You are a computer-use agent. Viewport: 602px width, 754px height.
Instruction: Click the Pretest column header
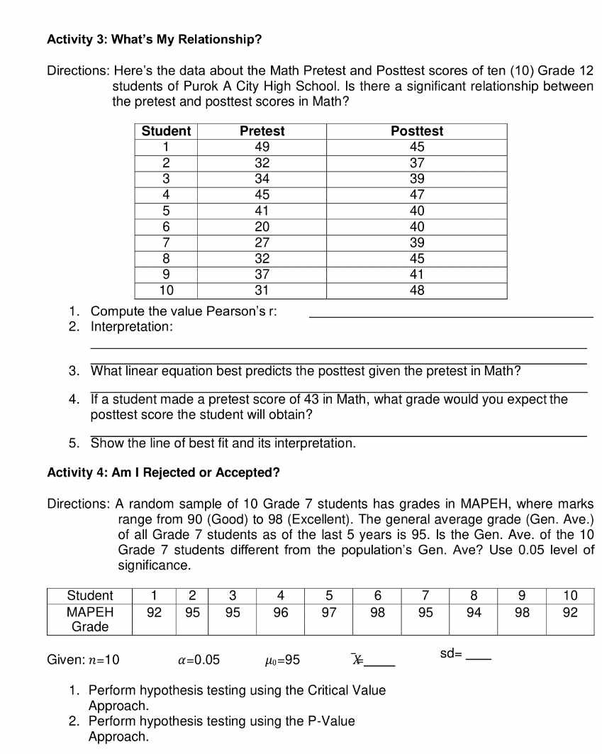click(262, 131)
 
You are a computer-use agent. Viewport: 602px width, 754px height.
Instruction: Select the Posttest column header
click(417, 131)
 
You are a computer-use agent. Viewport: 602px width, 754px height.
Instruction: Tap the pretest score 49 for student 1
click(262, 147)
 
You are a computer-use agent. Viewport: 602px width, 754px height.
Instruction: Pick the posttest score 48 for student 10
click(417, 291)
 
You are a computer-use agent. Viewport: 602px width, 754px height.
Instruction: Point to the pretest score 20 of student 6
click(262, 227)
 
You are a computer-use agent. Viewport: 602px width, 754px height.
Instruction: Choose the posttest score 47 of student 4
click(417, 194)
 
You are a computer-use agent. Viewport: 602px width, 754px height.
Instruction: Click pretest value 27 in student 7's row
click(262, 243)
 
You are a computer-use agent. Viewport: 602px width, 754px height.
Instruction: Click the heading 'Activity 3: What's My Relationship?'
click(154, 40)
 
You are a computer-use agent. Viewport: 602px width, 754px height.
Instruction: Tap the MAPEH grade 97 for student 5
click(328, 612)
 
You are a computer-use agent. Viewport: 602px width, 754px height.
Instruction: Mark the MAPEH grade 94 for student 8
click(474, 612)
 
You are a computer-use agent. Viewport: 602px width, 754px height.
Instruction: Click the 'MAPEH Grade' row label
click(90, 619)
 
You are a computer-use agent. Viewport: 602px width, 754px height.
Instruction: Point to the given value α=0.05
click(199, 660)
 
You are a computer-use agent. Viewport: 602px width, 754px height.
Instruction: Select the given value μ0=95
click(281, 660)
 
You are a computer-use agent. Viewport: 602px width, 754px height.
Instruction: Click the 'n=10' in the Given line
click(104, 660)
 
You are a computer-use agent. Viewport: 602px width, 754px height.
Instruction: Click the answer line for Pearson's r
click(451, 316)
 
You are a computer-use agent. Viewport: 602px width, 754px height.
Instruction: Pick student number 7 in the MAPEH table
click(425, 595)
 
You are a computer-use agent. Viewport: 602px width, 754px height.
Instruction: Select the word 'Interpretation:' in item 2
click(131, 327)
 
